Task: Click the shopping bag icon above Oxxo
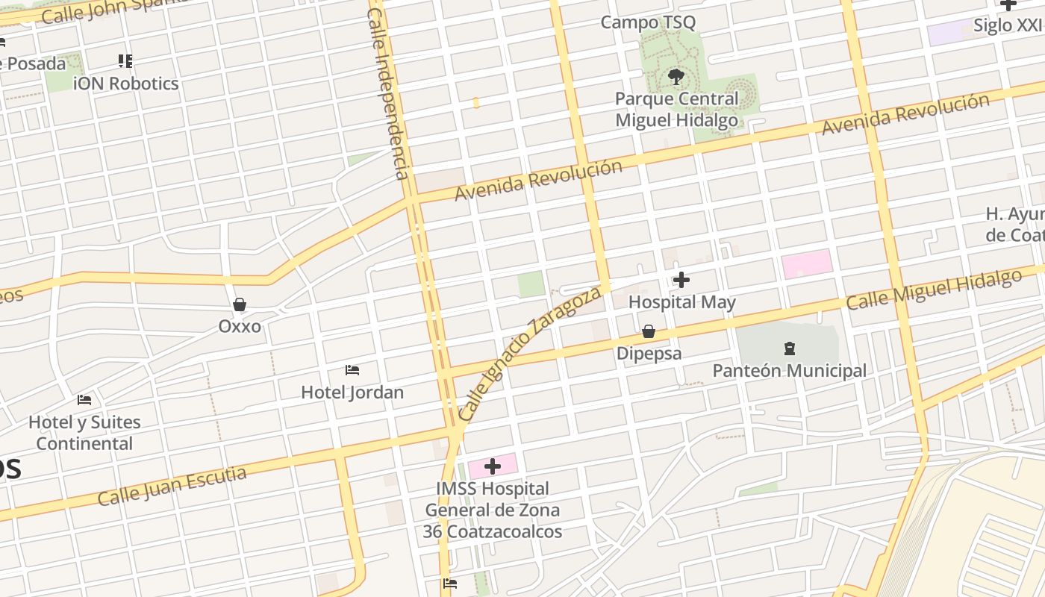tap(240, 304)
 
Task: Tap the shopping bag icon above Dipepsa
tap(649, 331)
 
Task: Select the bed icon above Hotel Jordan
tap(352, 370)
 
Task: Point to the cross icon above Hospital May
tap(681, 280)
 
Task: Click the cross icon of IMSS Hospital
tap(492, 467)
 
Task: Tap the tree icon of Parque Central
tap(676, 76)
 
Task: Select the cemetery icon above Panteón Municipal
tap(789, 348)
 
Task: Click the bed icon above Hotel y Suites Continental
tap(84, 401)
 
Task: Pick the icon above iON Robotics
tap(125, 61)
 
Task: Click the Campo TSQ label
tap(648, 22)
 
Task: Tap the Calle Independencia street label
tap(389, 93)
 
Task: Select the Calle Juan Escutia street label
tap(172, 486)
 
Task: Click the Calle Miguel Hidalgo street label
tap(933, 290)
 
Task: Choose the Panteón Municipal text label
tap(789, 371)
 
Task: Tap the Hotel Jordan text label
tap(352, 393)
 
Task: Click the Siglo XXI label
tap(1008, 25)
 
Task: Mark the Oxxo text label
tap(240, 327)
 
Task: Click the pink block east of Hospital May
tap(807, 264)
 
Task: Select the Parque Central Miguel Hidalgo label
tap(676, 109)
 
